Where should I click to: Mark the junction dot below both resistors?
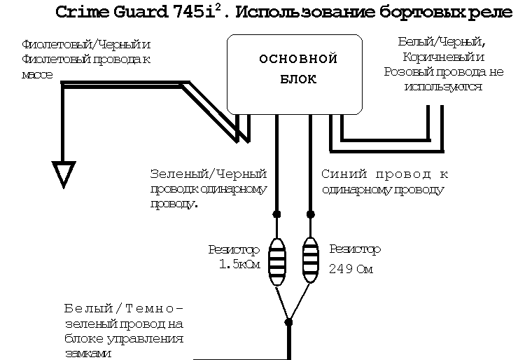point(289,322)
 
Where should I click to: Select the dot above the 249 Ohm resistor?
point(311,213)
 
